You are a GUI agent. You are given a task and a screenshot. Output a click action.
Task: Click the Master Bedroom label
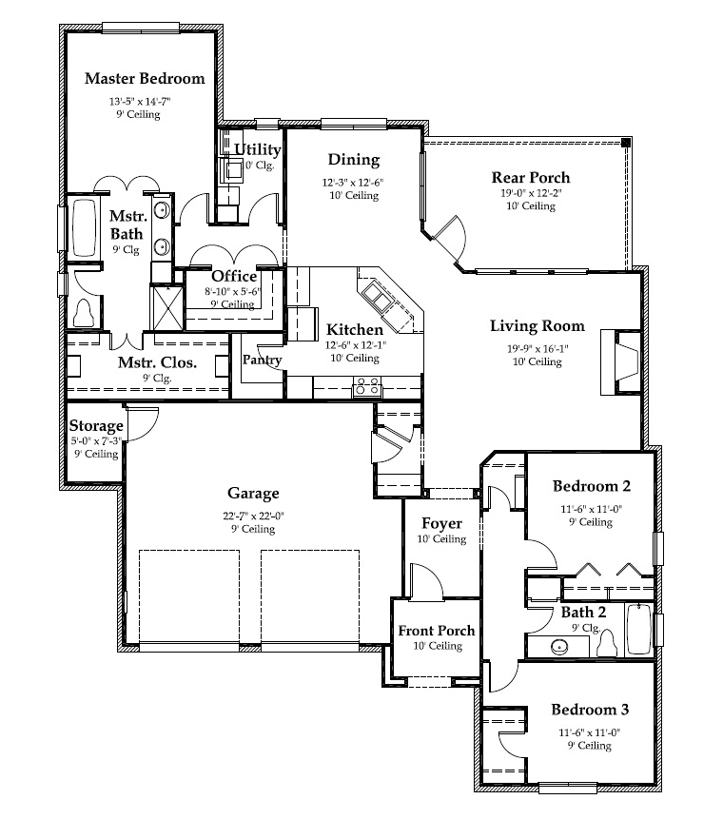pos(145,78)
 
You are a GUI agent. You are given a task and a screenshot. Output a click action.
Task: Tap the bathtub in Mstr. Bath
pos(84,227)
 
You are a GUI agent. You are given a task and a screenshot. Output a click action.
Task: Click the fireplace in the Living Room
pos(620,361)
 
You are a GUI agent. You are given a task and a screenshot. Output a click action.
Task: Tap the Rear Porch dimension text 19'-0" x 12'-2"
pos(531,193)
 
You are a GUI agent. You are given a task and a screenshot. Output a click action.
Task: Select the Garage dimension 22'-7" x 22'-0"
pos(253,516)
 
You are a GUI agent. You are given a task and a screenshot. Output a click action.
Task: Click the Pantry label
pos(262,360)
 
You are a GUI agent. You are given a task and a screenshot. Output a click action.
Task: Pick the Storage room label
pos(96,426)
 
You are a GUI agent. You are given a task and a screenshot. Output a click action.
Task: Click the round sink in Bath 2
pos(559,647)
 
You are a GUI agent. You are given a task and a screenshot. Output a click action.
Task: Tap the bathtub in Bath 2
pos(639,629)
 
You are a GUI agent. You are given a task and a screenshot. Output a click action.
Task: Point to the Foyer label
pos(442,523)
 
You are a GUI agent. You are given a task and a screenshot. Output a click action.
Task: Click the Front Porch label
pos(437,631)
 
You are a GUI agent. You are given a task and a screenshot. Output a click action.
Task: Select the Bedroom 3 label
pos(590,710)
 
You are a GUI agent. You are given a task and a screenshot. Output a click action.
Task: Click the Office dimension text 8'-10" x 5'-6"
pos(232,291)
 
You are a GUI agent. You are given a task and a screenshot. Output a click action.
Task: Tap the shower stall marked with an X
pos(167,308)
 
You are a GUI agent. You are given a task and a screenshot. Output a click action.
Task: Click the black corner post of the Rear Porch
pos(626,142)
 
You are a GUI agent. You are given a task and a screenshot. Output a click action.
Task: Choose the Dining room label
pos(354,159)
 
